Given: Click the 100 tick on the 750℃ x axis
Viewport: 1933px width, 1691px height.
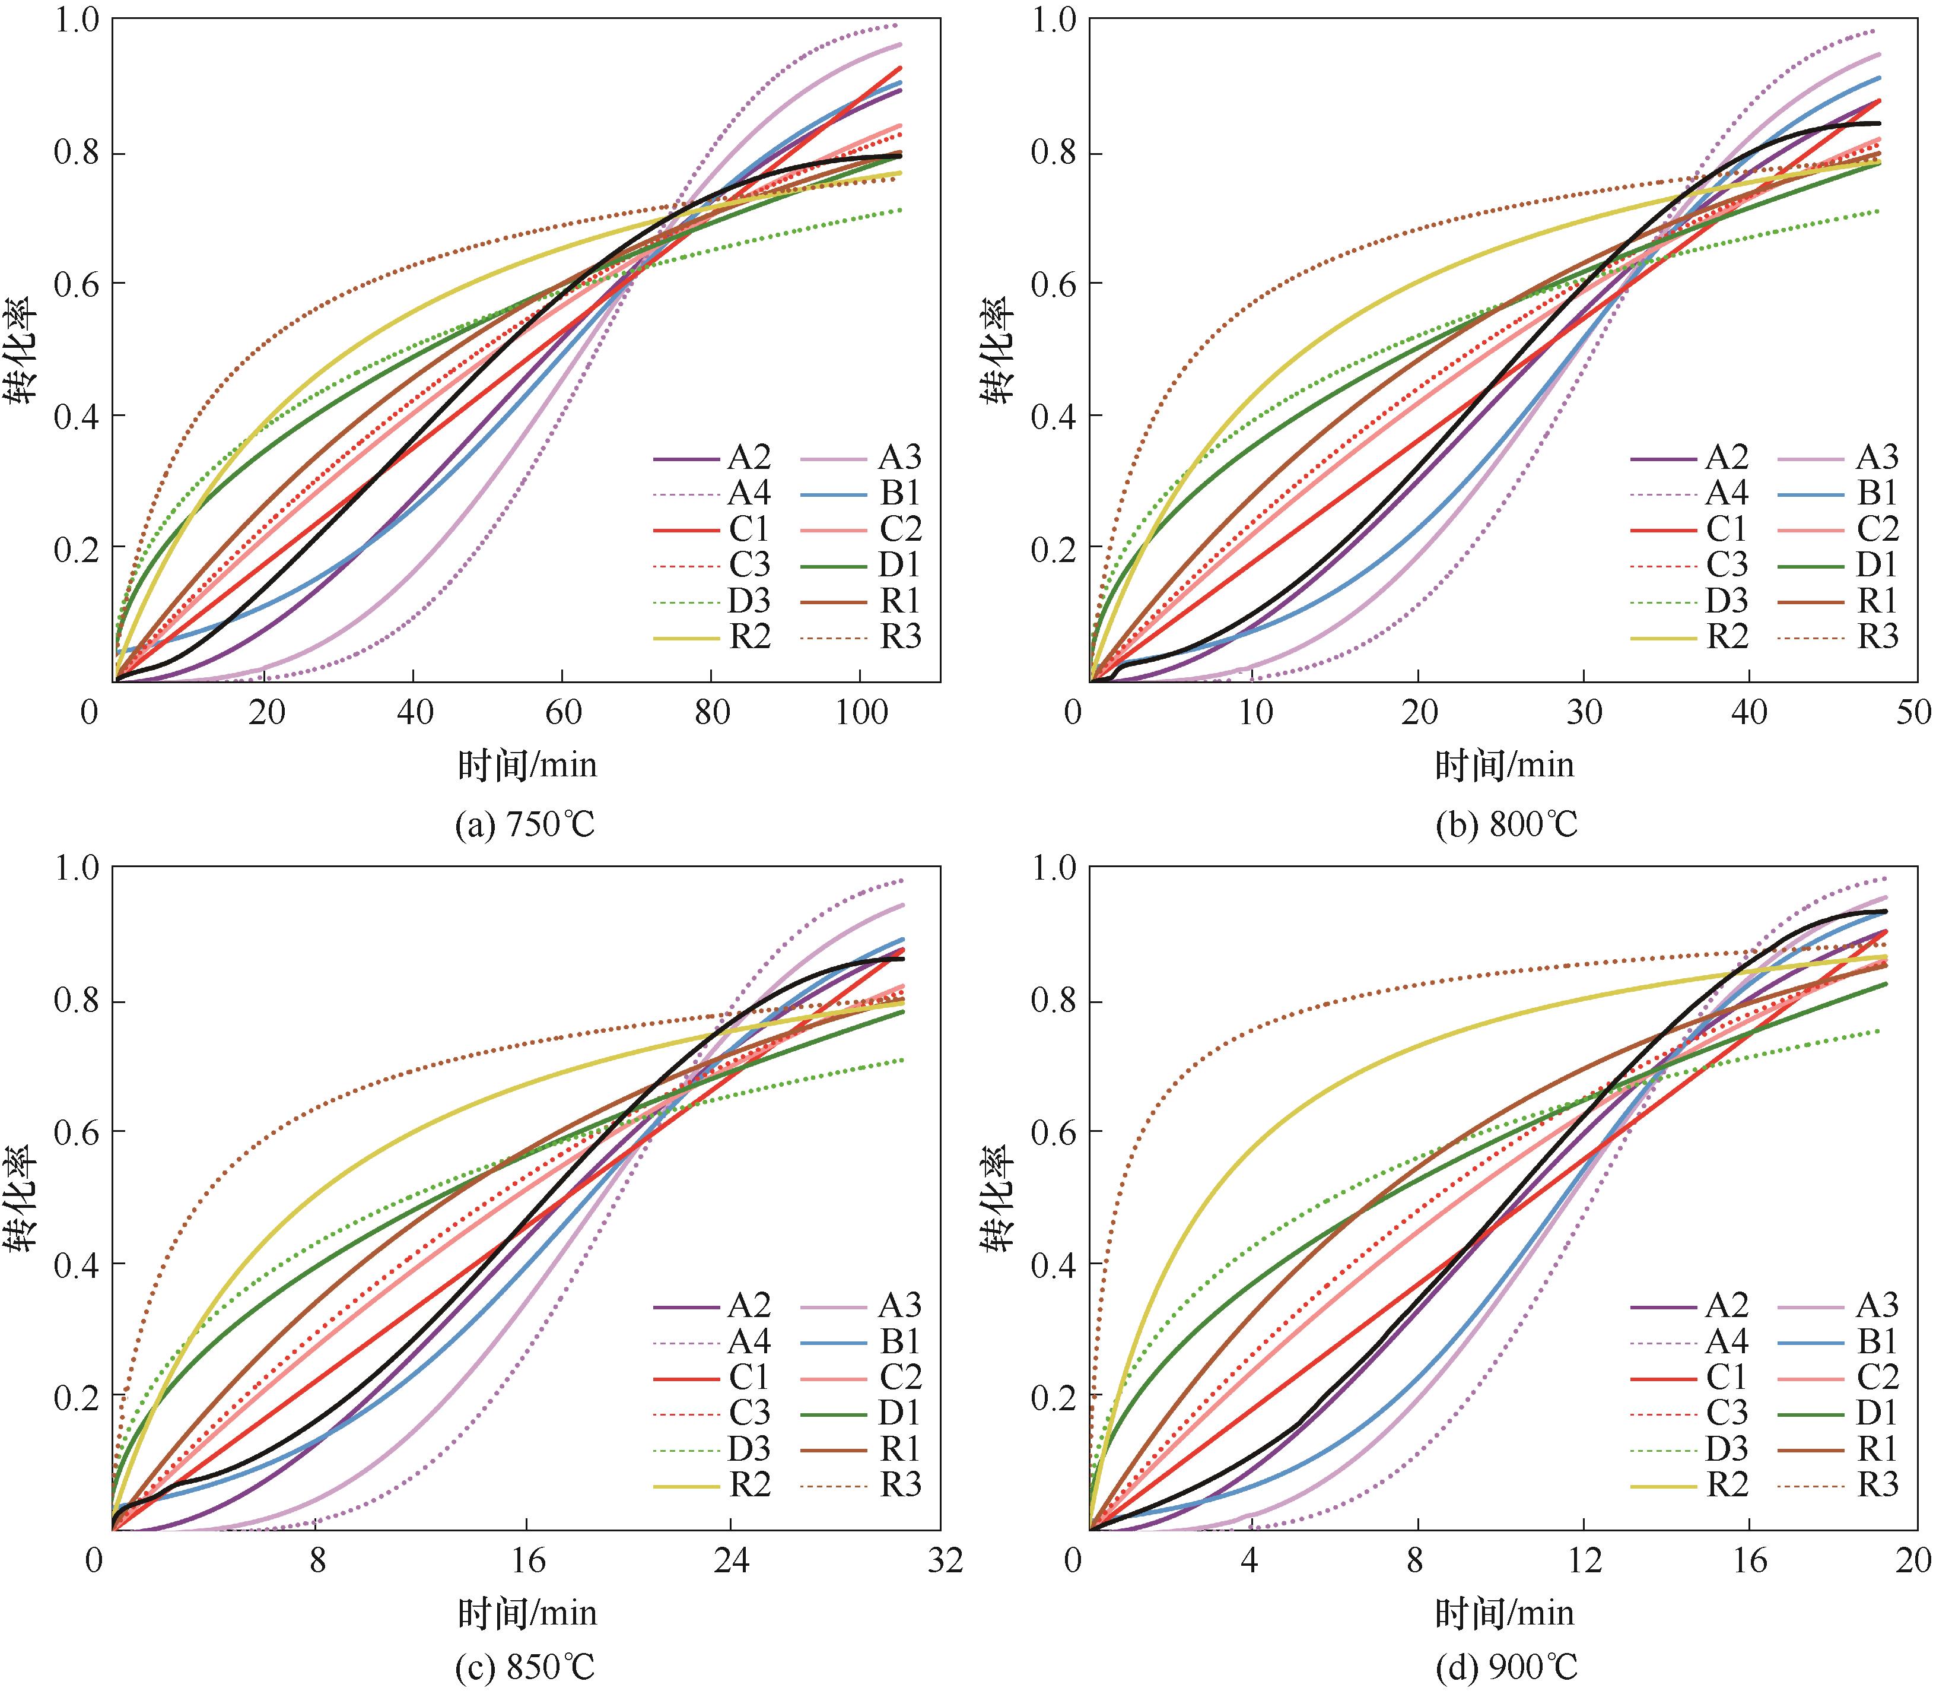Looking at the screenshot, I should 860,712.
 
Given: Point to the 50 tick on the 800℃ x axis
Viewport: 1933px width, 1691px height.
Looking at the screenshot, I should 1914,712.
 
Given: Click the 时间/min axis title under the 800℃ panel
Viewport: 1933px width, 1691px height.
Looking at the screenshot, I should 1505,765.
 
